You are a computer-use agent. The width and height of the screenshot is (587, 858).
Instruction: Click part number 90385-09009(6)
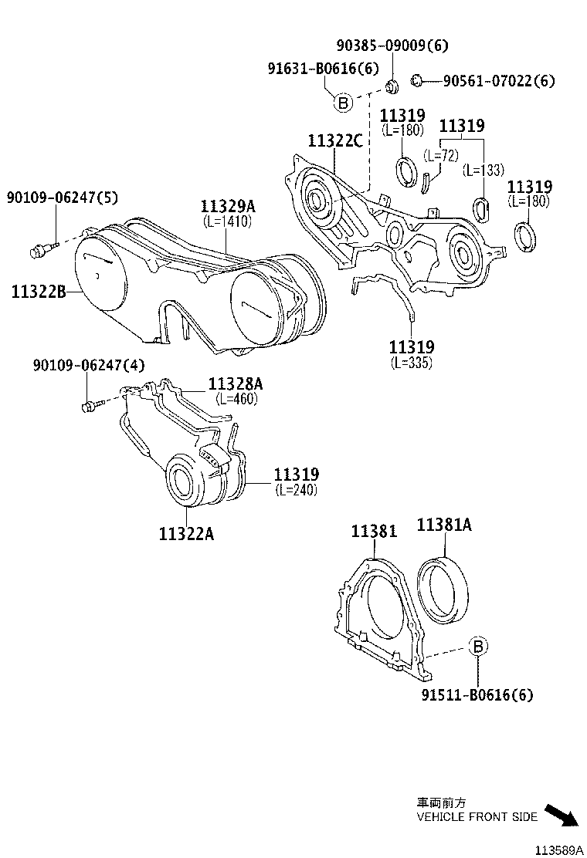click(x=392, y=45)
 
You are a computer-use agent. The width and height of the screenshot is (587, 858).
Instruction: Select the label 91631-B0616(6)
click(x=324, y=69)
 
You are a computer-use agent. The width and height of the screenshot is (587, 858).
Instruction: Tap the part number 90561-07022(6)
click(x=498, y=80)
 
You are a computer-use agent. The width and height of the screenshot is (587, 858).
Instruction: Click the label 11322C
click(x=334, y=140)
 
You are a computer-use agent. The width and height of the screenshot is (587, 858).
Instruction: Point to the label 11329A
click(x=227, y=207)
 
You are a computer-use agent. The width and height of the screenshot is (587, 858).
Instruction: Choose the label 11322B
click(x=38, y=292)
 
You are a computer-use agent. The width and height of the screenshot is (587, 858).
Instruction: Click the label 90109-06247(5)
click(x=63, y=198)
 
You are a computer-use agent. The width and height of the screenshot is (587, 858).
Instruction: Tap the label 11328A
click(x=236, y=384)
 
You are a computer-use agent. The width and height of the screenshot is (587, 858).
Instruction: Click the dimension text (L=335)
click(x=411, y=363)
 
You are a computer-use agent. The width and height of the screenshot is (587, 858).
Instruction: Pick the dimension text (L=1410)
click(x=227, y=221)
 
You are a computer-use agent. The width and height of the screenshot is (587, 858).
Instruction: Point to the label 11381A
click(x=444, y=525)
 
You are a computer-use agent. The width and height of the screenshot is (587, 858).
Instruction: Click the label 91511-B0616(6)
click(x=477, y=694)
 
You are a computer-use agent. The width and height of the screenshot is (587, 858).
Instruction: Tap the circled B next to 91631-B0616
click(x=343, y=102)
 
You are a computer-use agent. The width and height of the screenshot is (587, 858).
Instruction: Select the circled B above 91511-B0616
click(x=477, y=647)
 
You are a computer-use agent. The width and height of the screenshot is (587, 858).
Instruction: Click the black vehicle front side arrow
click(x=562, y=815)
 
